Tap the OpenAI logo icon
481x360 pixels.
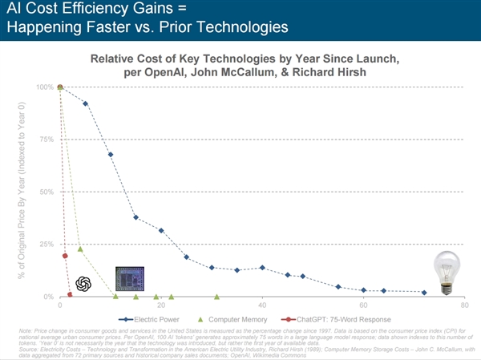[83, 284]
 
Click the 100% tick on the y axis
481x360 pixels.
[45, 87]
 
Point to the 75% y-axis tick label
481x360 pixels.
[46, 139]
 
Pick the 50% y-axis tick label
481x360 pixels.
[46, 192]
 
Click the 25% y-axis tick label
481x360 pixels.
[46, 244]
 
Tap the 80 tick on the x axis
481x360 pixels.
[464, 306]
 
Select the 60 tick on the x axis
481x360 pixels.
[363, 306]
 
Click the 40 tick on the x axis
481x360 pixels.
[262, 306]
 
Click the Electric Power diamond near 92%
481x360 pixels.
[85, 103]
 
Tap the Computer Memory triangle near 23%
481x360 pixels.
[80, 249]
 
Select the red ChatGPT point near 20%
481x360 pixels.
[65, 256]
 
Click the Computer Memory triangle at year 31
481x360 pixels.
[217, 297]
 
